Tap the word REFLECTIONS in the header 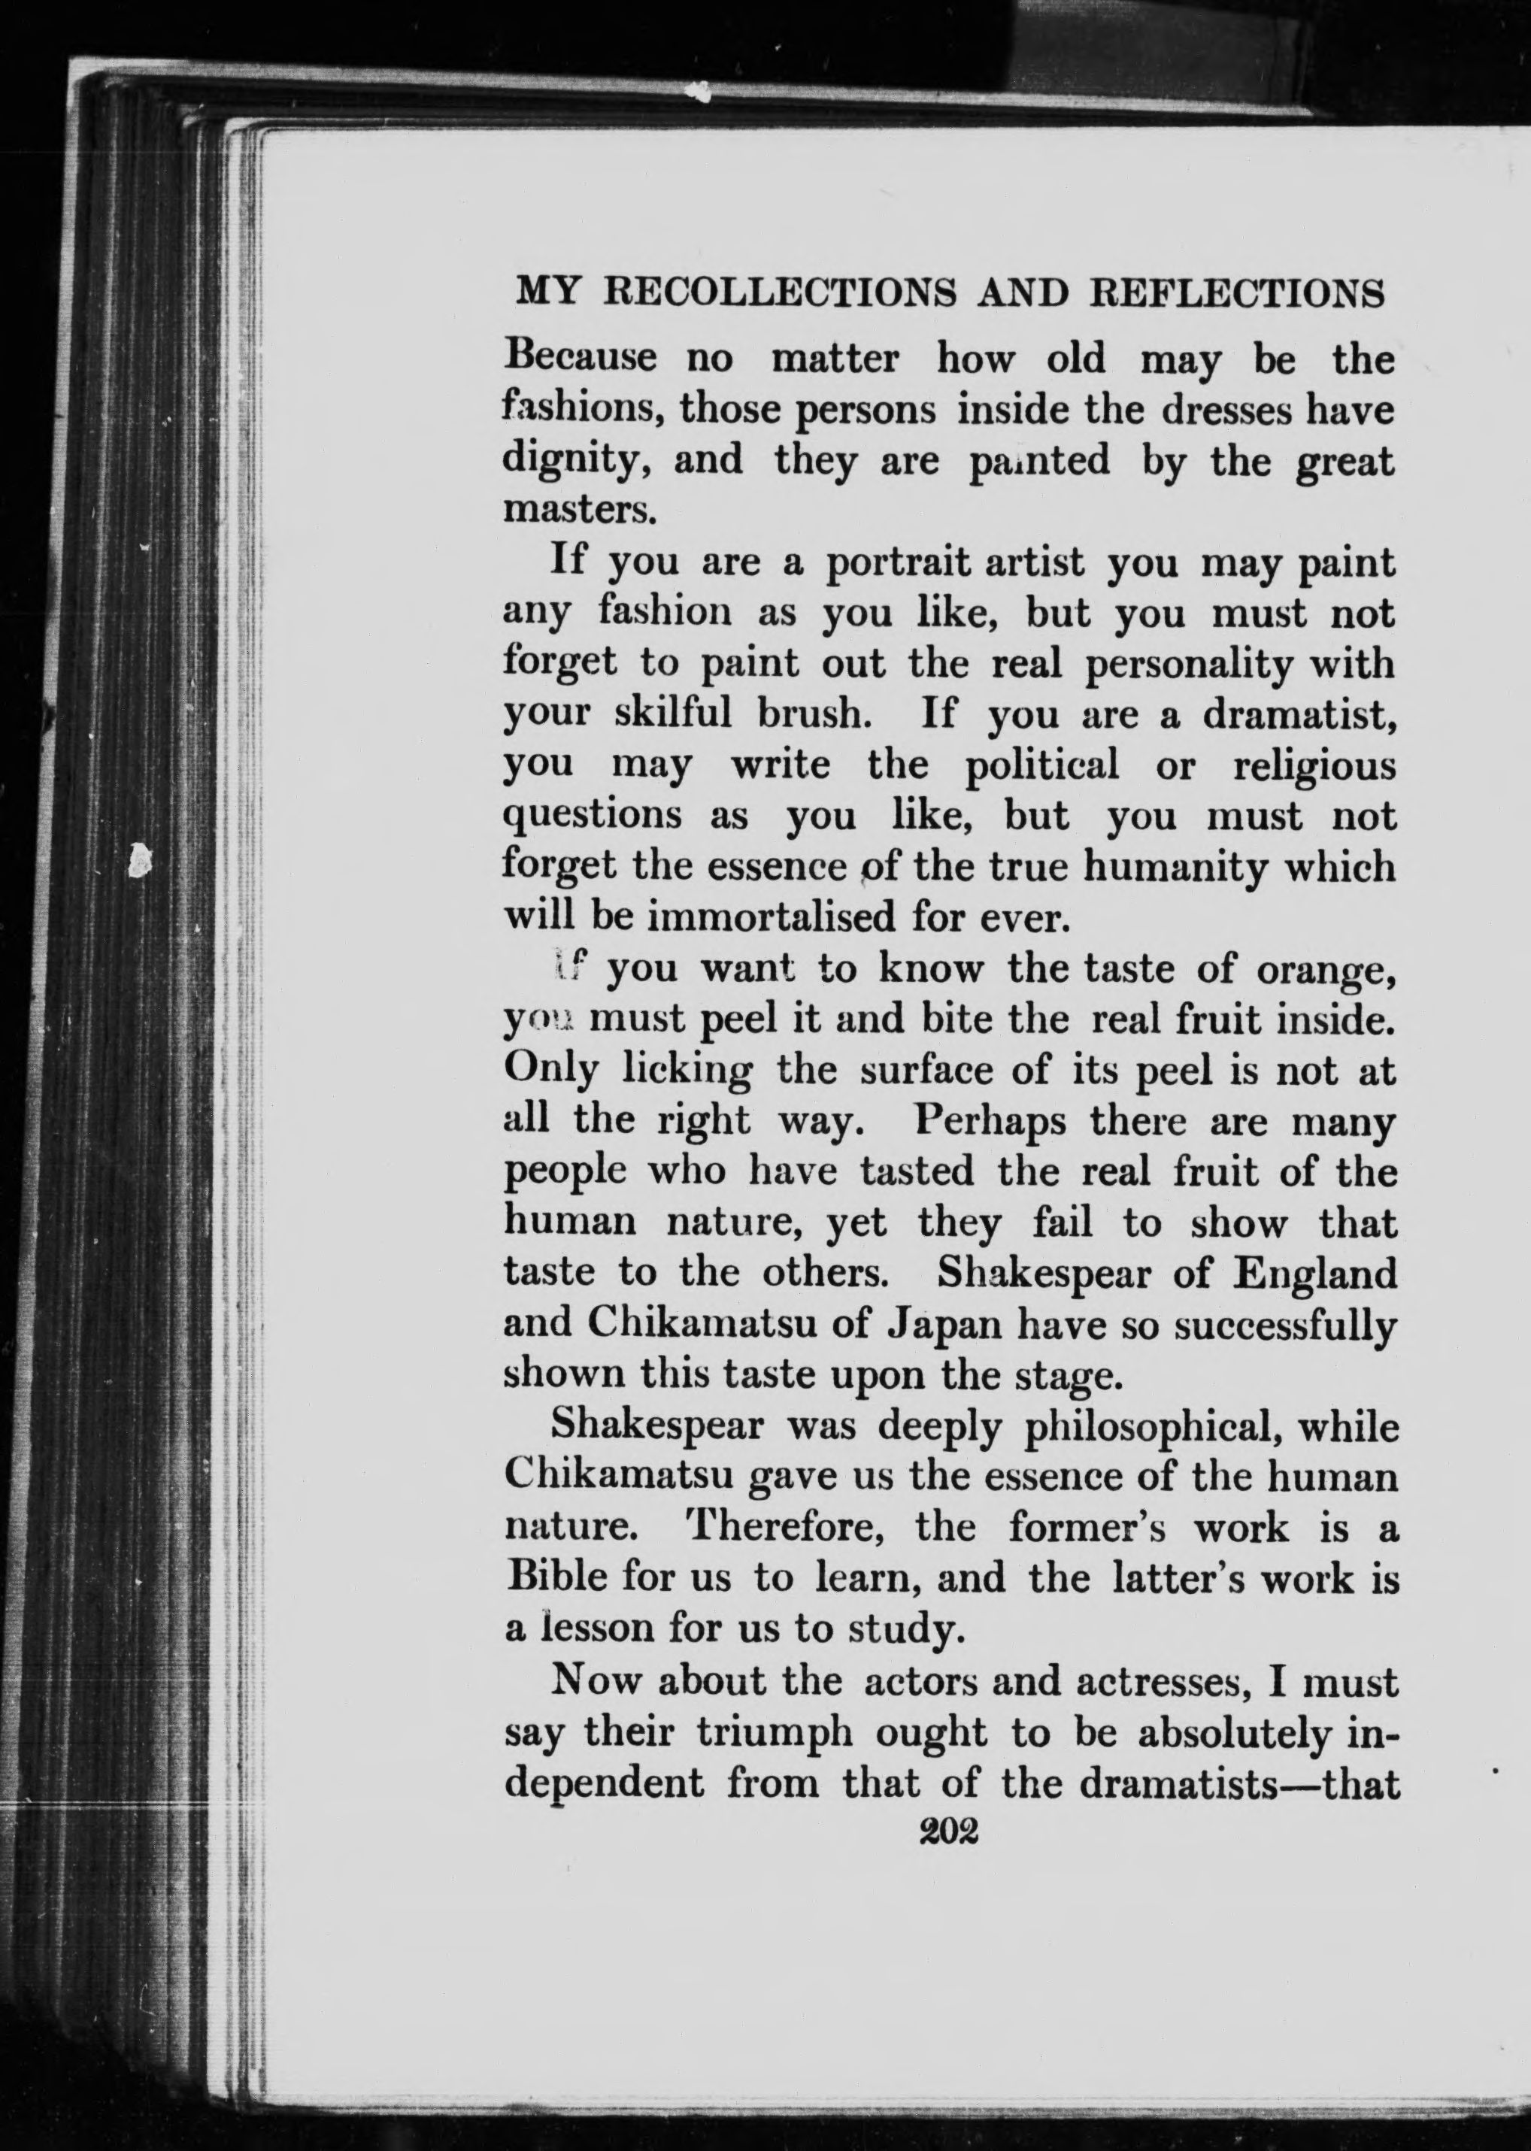coord(1237,293)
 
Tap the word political coord(1043,765)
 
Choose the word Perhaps coord(991,1122)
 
